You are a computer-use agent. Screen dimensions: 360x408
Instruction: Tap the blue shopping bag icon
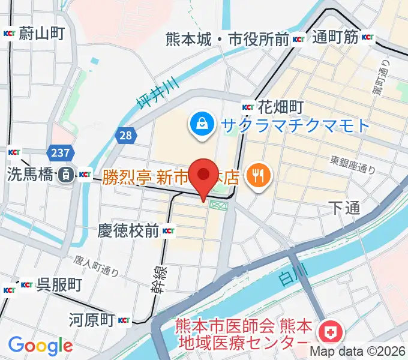[x=199, y=124]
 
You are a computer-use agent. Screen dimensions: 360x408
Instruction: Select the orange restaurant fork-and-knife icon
[x=259, y=176]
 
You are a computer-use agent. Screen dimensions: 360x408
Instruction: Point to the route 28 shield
[x=125, y=136]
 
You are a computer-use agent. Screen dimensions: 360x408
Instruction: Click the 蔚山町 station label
[x=41, y=33]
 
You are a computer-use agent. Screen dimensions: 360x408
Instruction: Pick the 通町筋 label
[x=335, y=38]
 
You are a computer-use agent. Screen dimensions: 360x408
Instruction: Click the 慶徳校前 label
[x=128, y=230]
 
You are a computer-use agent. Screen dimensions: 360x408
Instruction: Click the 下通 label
[x=344, y=208]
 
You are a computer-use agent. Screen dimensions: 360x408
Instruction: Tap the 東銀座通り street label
[x=353, y=165]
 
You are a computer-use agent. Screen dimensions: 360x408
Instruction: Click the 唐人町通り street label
[x=96, y=265]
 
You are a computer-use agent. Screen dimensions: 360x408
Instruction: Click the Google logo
[x=40, y=345]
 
